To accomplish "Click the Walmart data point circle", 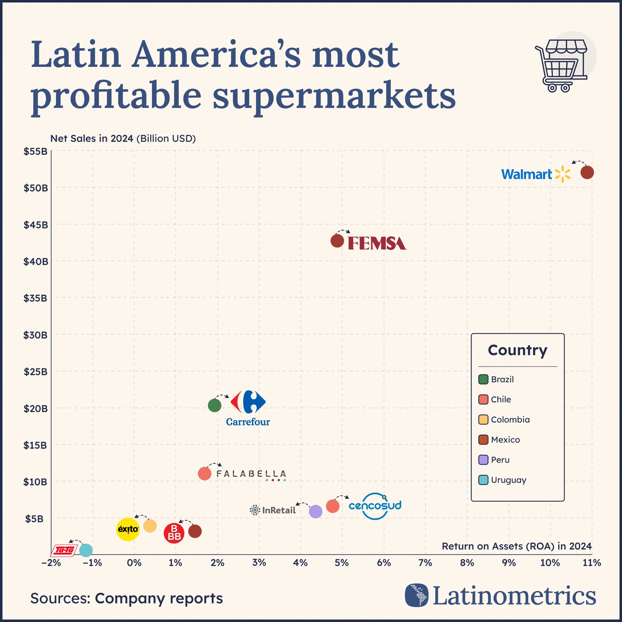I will (x=587, y=173).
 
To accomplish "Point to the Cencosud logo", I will (x=375, y=506).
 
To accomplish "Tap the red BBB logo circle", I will (x=174, y=533).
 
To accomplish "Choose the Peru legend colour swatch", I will (x=483, y=460).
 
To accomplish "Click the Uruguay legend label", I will (x=508, y=480).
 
